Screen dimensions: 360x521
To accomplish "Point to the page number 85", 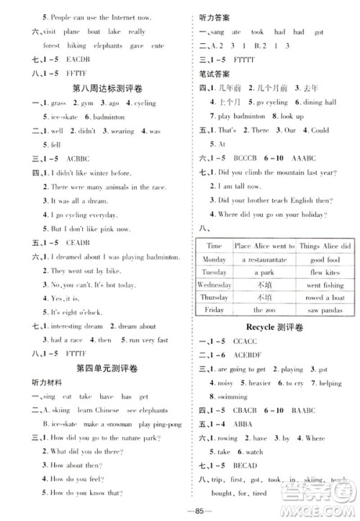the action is point(181,512).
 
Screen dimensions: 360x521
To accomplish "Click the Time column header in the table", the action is point(214,246).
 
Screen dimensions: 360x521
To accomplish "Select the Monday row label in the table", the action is point(214,259).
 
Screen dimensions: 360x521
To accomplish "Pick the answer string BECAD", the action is point(246,476).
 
